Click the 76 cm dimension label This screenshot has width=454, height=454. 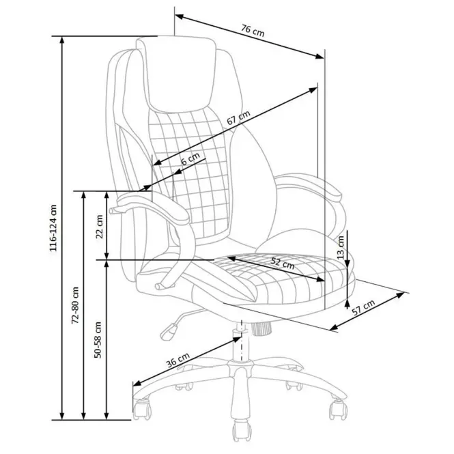[253, 31]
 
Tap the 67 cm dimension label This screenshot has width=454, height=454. [238, 118]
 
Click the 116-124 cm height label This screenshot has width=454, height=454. [53, 228]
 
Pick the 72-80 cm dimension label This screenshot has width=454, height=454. [75, 305]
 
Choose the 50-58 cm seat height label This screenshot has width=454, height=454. [98, 340]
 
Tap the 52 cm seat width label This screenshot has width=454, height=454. [283, 263]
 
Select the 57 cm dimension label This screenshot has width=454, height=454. [364, 307]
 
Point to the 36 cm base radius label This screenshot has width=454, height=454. [178, 360]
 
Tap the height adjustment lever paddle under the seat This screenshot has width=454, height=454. [169, 332]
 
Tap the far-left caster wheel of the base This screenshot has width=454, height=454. [141, 409]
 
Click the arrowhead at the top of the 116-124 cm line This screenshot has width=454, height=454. [61, 41]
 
